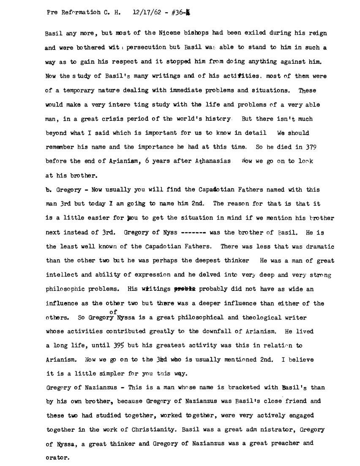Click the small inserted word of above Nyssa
(x=113, y=312)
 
